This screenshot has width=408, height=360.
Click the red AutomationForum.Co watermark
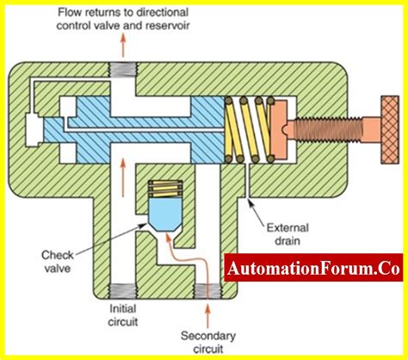point(314,269)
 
